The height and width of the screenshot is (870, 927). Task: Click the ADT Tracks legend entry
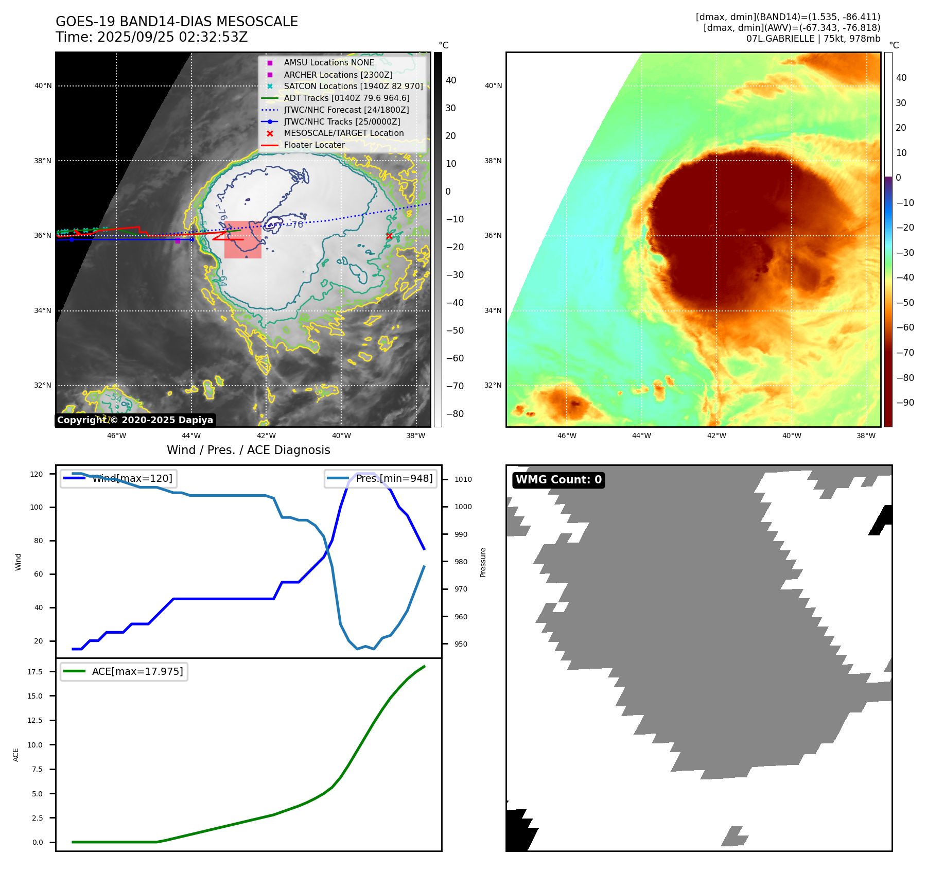(x=346, y=98)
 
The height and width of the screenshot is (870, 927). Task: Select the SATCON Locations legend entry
(x=353, y=86)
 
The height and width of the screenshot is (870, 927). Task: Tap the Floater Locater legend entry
(x=314, y=145)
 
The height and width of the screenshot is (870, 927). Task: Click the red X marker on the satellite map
(x=389, y=236)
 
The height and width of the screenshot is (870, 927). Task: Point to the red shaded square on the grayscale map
(x=242, y=240)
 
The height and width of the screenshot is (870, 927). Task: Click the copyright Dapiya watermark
(x=135, y=420)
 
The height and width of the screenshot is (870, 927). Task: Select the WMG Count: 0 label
(x=558, y=480)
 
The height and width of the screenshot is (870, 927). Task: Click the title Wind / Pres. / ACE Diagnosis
(x=248, y=450)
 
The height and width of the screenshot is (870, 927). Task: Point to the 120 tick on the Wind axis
(x=37, y=474)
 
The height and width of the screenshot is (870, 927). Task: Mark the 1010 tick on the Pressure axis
(x=463, y=479)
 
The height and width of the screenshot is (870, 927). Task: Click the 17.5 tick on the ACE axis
(x=35, y=672)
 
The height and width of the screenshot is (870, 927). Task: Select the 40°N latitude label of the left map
(x=43, y=85)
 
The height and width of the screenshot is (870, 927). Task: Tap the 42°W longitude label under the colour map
(x=716, y=436)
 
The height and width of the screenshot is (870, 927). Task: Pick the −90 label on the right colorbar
(x=905, y=403)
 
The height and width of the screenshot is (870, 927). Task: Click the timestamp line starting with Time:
(x=152, y=37)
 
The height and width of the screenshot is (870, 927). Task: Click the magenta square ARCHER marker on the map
(x=178, y=240)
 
